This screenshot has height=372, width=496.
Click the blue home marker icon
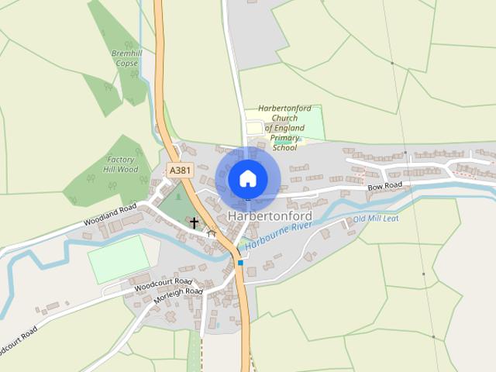tap(247, 178)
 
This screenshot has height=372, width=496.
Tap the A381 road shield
tap(179, 170)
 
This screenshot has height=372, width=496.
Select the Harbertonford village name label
tap(270, 216)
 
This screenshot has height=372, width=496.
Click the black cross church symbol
tap(194, 223)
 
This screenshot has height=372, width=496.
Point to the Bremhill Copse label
tap(124, 58)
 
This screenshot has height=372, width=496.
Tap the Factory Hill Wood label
tap(121, 164)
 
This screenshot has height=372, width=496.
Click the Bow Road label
tap(384, 187)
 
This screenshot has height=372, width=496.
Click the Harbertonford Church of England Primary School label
tap(285, 128)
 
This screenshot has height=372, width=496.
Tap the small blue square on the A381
tap(240, 263)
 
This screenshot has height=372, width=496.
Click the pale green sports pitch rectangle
tap(119, 259)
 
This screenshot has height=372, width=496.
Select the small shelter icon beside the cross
tap(210, 232)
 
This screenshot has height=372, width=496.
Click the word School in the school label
tap(284, 147)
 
